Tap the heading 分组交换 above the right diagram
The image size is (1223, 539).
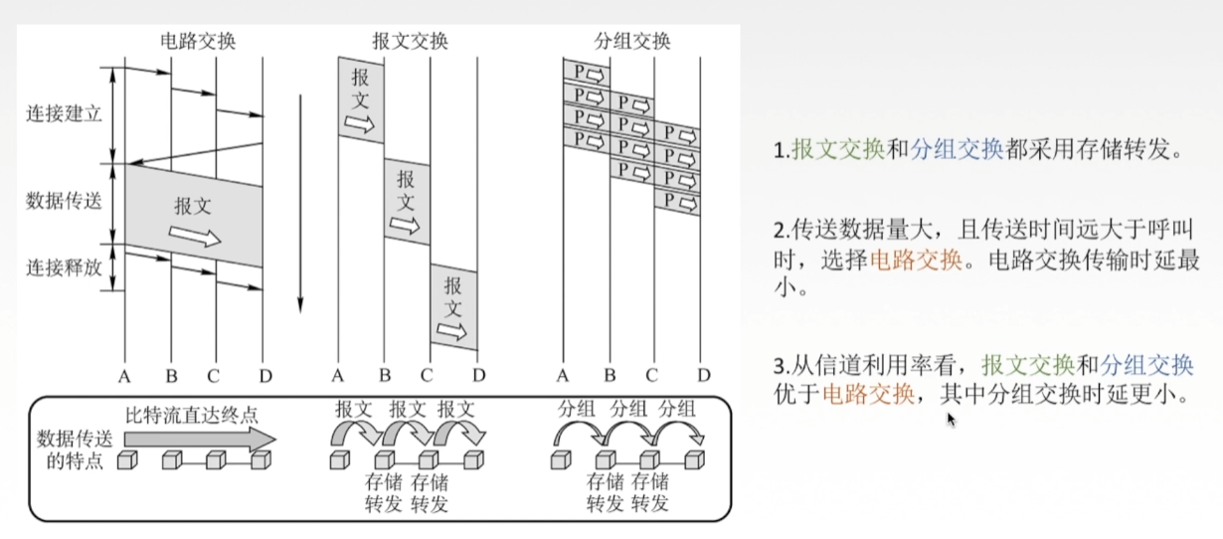(x=632, y=42)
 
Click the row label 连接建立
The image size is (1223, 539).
(x=64, y=114)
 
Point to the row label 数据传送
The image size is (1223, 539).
(x=64, y=201)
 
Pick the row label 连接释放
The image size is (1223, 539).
(x=64, y=268)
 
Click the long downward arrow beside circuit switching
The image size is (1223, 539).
(x=300, y=203)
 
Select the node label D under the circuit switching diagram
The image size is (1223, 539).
(x=262, y=376)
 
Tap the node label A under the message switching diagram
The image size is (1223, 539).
(x=337, y=376)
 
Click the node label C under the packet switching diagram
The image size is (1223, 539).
(x=651, y=376)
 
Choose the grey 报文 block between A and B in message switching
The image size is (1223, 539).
(x=361, y=99)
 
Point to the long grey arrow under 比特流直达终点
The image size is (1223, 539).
(x=199, y=438)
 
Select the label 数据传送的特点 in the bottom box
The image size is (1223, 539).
(x=68, y=449)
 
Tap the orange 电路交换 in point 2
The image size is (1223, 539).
(x=916, y=261)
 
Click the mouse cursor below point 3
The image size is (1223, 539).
(x=951, y=420)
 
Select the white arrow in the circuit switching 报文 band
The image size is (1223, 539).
(x=195, y=236)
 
